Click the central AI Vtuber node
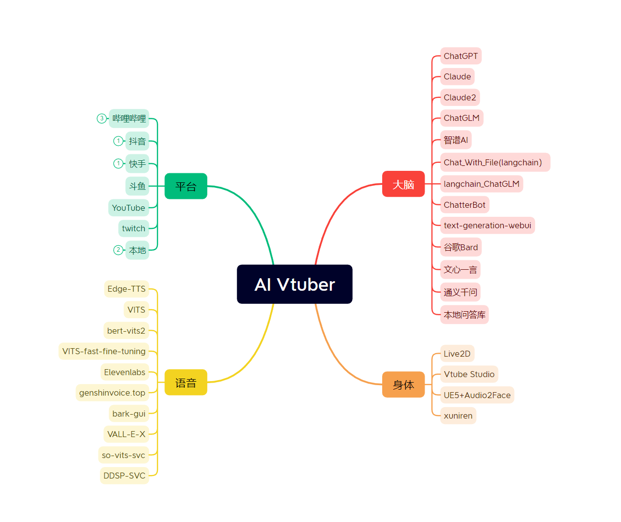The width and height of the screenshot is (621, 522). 294,284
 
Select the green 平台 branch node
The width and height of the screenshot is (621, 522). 186,186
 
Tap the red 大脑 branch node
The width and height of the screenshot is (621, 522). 403,184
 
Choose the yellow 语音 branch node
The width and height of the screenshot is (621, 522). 186,383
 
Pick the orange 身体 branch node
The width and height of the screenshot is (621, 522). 403,385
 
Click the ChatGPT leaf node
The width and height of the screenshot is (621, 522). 461,56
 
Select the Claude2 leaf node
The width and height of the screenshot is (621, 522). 460,97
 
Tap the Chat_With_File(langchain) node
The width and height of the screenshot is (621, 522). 495,162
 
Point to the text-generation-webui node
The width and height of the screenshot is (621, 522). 487,225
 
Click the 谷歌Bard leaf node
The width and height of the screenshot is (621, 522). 461,247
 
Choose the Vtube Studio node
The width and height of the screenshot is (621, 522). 469,374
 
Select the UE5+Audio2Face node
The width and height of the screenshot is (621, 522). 477,395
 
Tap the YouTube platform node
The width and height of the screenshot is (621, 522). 128,208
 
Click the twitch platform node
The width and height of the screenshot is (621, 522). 133,228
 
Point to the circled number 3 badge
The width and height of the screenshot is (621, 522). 102,118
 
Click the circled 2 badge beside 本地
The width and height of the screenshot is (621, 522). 118,250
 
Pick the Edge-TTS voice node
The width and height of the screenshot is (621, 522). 126,289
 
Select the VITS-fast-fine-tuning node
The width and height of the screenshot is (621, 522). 104,351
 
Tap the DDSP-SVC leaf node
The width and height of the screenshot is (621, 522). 124,476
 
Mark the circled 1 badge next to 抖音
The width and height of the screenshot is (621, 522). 118,141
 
